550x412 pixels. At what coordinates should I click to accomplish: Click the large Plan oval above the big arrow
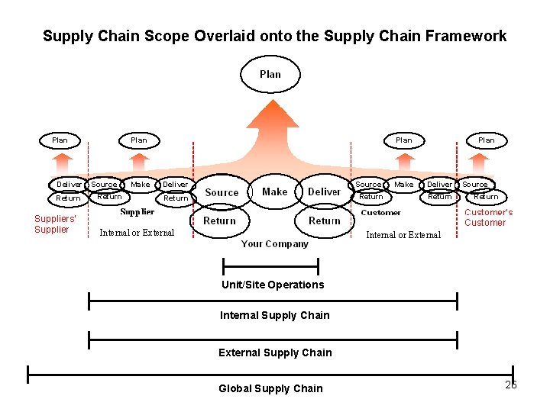(x=270, y=75)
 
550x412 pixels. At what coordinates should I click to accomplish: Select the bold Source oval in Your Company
(x=222, y=193)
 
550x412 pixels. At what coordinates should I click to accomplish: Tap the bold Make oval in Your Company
(x=274, y=192)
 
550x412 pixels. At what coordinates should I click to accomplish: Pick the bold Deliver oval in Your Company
(x=324, y=192)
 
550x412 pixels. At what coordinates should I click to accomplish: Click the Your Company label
(x=274, y=244)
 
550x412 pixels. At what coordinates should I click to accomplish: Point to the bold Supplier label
(x=137, y=212)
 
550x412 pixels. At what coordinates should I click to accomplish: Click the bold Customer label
(x=380, y=213)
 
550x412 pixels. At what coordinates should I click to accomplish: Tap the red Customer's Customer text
(x=488, y=217)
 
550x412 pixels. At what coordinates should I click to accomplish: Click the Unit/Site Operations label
(x=273, y=285)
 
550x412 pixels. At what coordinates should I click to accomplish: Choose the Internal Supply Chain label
(x=274, y=315)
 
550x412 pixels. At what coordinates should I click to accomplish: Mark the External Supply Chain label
(x=275, y=352)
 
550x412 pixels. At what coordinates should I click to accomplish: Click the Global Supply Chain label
(x=270, y=388)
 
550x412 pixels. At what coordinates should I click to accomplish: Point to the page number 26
(x=511, y=385)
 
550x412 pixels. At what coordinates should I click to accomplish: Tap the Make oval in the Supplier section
(x=141, y=185)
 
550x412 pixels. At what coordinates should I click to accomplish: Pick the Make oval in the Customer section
(x=404, y=185)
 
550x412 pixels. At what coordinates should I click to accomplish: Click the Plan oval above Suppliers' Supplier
(x=60, y=140)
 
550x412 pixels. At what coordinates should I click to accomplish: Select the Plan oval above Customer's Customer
(x=486, y=140)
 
